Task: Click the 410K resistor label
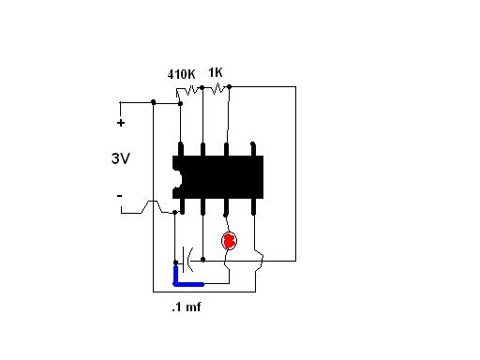[181, 74]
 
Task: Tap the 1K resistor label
[216, 72]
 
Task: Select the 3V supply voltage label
[120, 158]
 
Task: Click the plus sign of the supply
[121, 123]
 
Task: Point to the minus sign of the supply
[119, 196]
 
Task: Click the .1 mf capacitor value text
[187, 307]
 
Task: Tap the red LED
[229, 241]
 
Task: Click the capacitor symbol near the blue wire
[187, 260]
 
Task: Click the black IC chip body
[218, 177]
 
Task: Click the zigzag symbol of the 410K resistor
[188, 91]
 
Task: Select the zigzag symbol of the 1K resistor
[216, 89]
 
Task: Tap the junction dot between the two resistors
[202, 88]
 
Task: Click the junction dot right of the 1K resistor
[229, 86]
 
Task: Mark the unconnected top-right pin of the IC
[253, 149]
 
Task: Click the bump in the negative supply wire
[152, 206]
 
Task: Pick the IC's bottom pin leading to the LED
[226, 207]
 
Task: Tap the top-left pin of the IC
[181, 149]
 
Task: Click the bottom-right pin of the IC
[253, 207]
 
